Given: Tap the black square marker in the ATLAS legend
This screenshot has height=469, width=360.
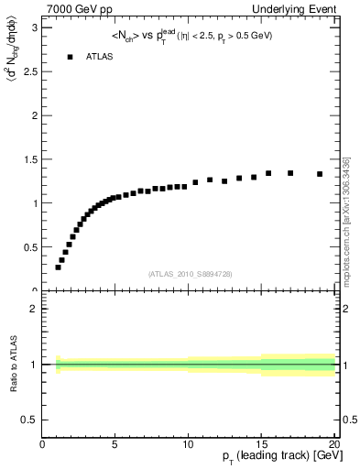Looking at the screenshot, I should (x=70, y=57).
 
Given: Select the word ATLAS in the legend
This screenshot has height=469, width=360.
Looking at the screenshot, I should (x=100, y=57).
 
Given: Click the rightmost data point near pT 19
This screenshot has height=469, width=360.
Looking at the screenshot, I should (x=320, y=174).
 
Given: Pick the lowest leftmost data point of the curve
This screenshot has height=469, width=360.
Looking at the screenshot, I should (x=58, y=267).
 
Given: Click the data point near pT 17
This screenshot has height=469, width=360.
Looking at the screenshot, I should (x=290, y=173).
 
